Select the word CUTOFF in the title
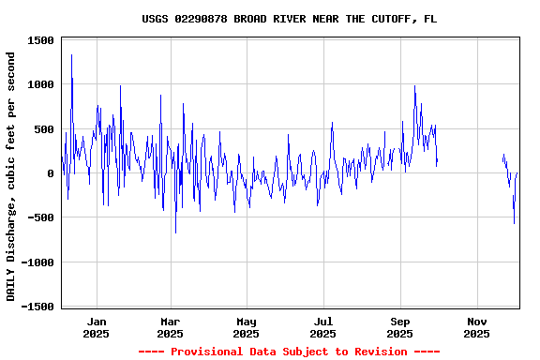391,19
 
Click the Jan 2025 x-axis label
96,327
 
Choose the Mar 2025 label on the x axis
170,327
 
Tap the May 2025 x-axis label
247,327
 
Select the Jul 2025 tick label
322,327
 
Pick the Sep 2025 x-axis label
400,327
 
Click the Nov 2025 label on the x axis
476,327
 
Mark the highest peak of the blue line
71,54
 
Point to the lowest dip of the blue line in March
175,232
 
